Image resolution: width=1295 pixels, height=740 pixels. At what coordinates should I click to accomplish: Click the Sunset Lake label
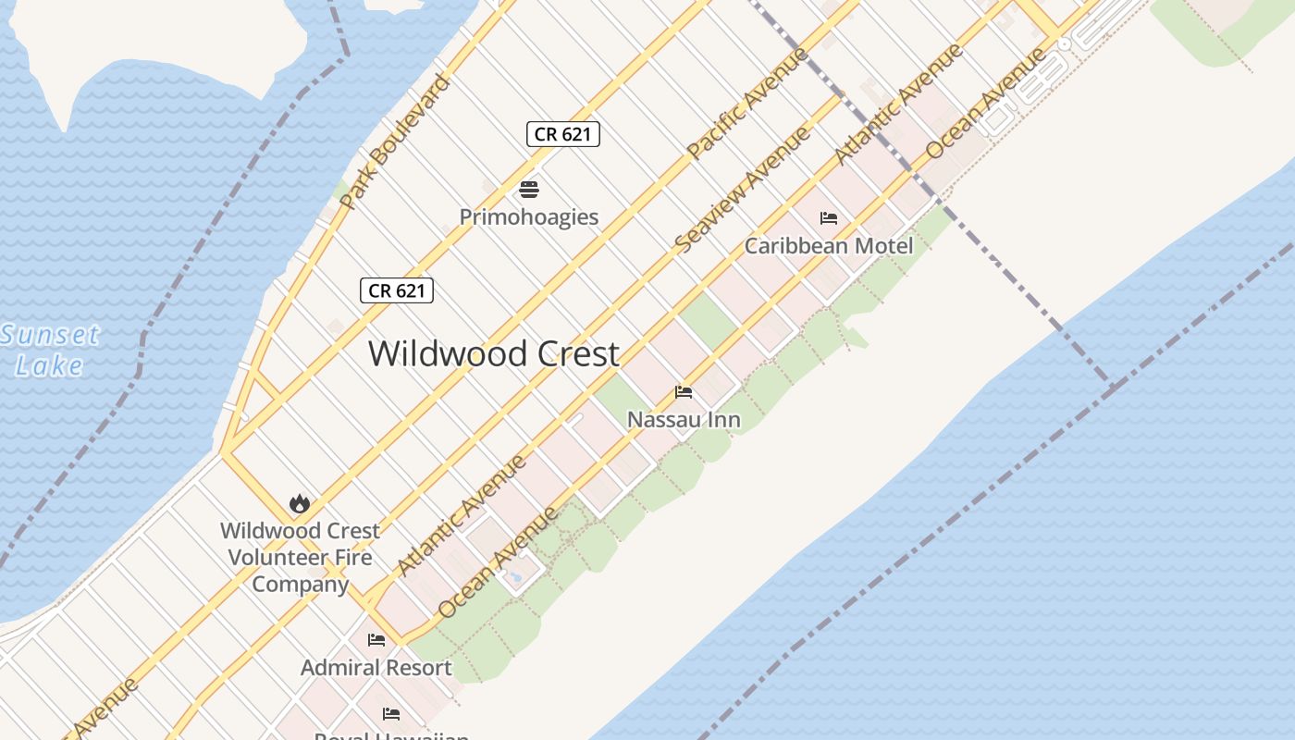click(50, 349)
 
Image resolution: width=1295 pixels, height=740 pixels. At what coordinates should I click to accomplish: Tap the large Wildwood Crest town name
click(494, 353)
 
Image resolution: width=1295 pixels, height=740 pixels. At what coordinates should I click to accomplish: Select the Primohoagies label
click(529, 217)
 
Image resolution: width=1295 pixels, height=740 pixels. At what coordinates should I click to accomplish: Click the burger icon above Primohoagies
click(529, 190)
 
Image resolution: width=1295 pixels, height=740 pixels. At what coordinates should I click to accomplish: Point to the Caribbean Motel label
click(829, 246)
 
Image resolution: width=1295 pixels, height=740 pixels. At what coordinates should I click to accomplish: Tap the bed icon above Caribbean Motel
click(829, 218)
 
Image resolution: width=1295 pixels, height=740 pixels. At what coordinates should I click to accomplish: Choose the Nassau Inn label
click(684, 420)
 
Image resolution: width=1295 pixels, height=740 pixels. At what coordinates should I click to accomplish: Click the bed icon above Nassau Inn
click(684, 392)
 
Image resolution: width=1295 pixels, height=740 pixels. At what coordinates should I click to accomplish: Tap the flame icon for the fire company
click(299, 503)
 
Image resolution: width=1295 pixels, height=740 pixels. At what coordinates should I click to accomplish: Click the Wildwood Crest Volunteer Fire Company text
click(301, 557)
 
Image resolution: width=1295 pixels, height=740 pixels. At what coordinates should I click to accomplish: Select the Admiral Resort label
click(376, 667)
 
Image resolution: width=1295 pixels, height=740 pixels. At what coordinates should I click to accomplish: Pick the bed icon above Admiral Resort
click(376, 639)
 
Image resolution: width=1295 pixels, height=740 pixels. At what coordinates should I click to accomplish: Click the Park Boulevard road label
click(395, 141)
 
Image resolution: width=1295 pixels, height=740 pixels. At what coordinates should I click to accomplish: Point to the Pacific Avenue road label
click(747, 103)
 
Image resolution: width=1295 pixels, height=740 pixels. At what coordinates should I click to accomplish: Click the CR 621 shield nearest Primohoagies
click(563, 134)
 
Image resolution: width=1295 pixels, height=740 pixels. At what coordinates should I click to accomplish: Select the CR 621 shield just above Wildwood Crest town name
click(397, 290)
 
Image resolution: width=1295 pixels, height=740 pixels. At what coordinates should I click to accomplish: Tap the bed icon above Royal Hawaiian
click(391, 714)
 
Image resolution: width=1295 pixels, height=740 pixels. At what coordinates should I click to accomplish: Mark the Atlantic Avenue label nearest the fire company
click(462, 514)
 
